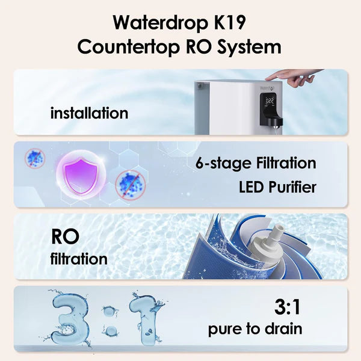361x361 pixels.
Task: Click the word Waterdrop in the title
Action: point(160,23)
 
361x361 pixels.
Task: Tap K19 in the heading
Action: point(229,23)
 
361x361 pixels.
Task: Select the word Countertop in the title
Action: point(129,47)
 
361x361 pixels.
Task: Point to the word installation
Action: point(89,113)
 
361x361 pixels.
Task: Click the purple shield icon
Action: point(81,174)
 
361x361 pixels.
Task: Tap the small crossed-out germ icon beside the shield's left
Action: point(35,158)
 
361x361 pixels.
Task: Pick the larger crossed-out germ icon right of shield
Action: point(131,185)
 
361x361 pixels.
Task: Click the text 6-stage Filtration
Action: point(256,163)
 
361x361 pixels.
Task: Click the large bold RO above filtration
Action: point(65,236)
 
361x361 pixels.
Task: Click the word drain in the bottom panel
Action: point(283,329)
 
